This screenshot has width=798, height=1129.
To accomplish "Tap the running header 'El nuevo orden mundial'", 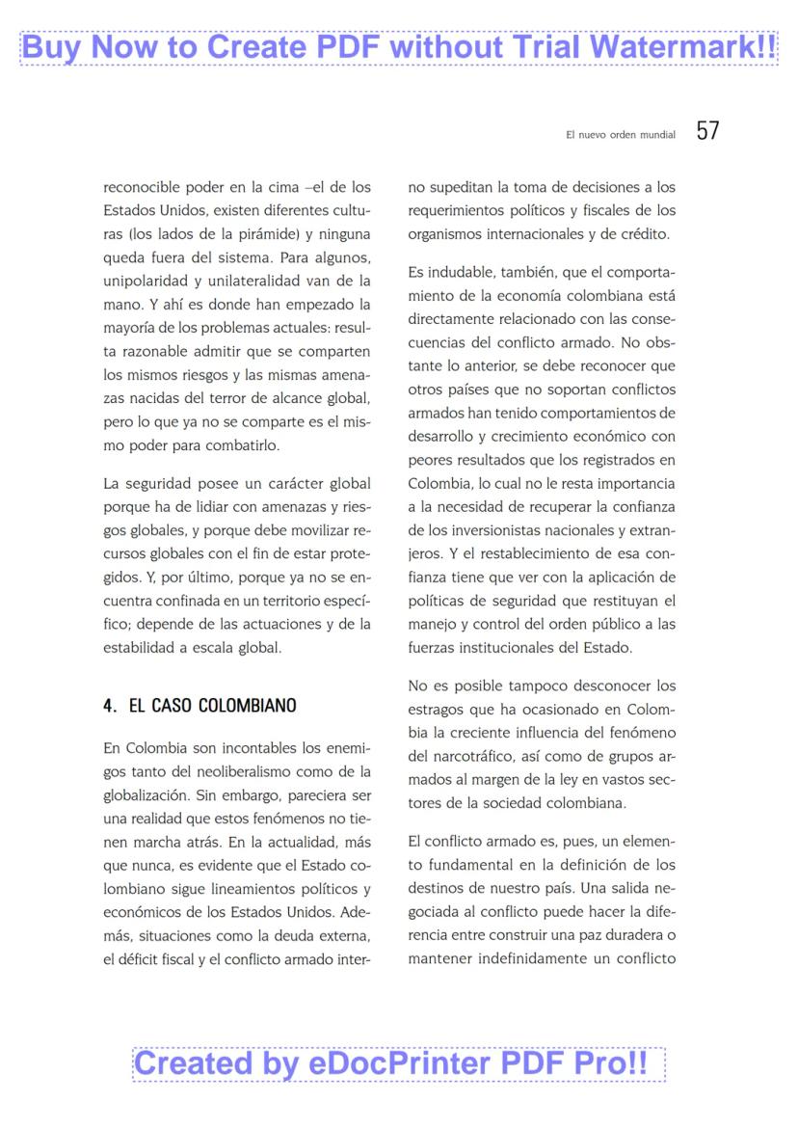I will (x=620, y=135).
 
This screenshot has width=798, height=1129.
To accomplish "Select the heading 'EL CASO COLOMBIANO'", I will (x=212, y=706).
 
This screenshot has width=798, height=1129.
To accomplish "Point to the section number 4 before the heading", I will (x=109, y=706).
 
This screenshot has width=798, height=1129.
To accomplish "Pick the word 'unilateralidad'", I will (x=257, y=281).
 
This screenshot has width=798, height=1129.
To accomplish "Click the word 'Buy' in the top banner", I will (x=55, y=47).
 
